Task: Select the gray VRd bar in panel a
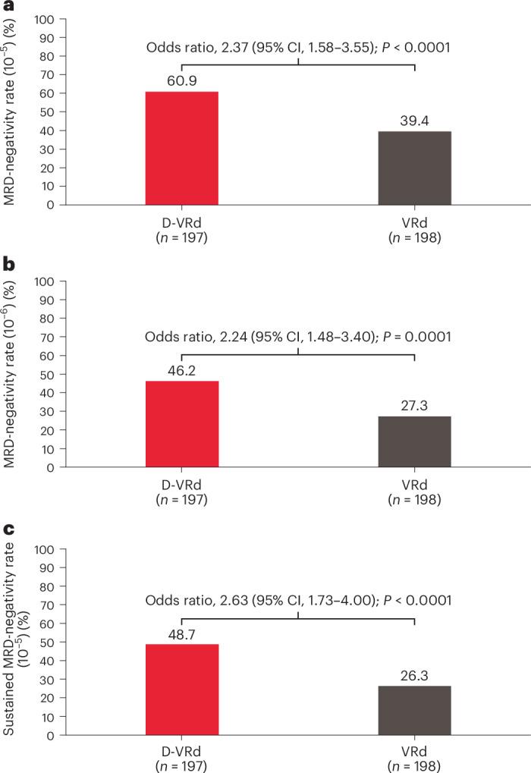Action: click(x=414, y=168)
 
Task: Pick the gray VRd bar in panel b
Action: click(x=414, y=441)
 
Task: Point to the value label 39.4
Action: click(x=414, y=121)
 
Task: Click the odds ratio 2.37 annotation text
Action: click(x=298, y=48)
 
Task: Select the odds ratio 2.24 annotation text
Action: click(x=298, y=337)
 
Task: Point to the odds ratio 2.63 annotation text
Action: click(x=298, y=600)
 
